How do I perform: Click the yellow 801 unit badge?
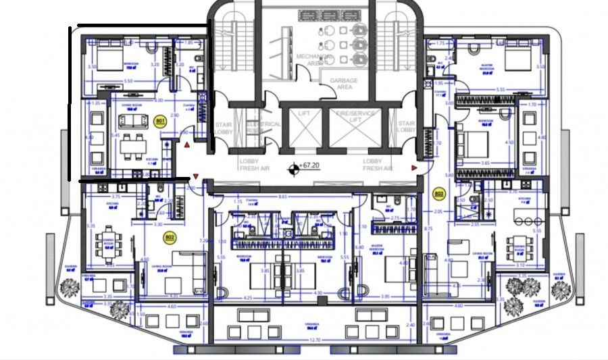(x=161, y=122)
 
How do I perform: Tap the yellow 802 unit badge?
(x=170, y=237)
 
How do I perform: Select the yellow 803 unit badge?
(x=438, y=195)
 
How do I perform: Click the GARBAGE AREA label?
(x=343, y=84)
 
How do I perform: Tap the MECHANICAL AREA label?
(x=312, y=60)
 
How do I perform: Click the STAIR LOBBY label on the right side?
(x=406, y=128)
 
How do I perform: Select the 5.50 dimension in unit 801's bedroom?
(x=128, y=80)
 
